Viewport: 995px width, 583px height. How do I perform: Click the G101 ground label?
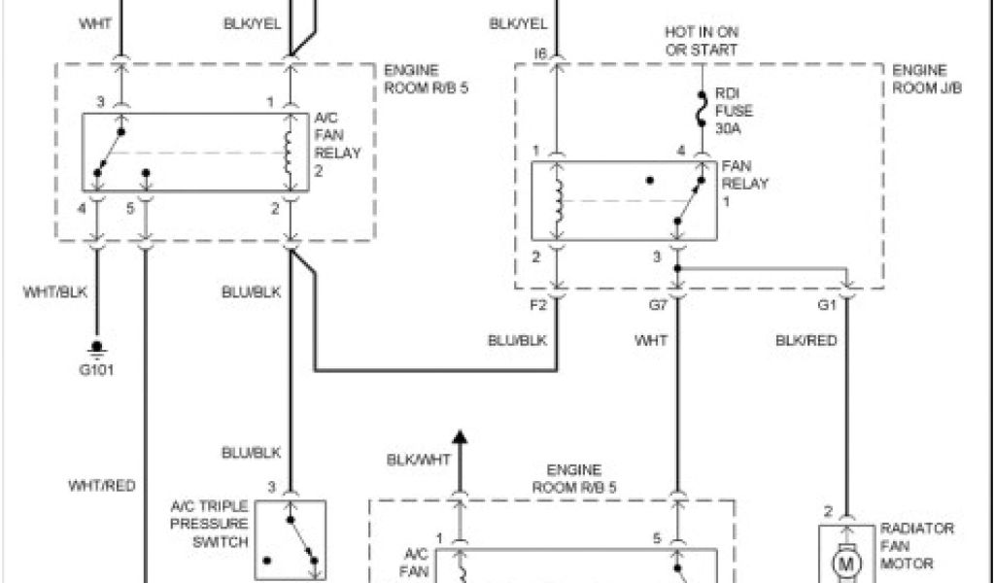pyautogui.click(x=96, y=369)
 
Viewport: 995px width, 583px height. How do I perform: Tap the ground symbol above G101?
pyautogui.click(x=96, y=347)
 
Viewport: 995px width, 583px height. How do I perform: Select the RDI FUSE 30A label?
pyautogui.click(x=735, y=111)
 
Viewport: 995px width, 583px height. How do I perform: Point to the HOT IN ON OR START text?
pyautogui.click(x=701, y=41)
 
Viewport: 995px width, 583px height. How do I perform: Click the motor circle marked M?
pyautogui.click(x=846, y=564)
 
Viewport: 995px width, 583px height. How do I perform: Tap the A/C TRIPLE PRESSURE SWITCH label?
pyautogui.click(x=210, y=524)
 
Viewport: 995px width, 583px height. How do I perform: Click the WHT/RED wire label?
pyautogui.click(x=102, y=485)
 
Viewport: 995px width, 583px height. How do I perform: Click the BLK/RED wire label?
pyautogui.click(x=806, y=340)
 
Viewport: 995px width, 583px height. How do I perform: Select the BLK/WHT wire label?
pyautogui.click(x=418, y=460)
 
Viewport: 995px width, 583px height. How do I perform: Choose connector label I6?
pyautogui.click(x=540, y=54)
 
